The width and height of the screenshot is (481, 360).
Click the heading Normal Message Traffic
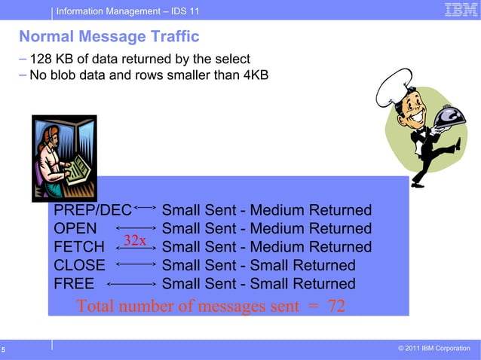[x=109, y=36]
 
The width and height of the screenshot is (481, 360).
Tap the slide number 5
[x=4, y=349]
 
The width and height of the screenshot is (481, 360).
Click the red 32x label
[x=135, y=240]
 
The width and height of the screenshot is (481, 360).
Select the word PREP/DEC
[x=93, y=210]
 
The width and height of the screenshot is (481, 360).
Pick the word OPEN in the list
[x=75, y=228]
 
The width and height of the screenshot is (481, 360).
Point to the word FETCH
[x=79, y=247]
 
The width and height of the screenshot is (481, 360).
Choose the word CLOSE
[x=80, y=265]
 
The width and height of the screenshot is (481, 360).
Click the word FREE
[x=74, y=284]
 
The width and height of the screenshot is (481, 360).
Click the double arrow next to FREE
[x=132, y=284]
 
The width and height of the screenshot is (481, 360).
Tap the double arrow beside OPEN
[x=136, y=228]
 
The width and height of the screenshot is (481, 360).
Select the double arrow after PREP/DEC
[x=145, y=205]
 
